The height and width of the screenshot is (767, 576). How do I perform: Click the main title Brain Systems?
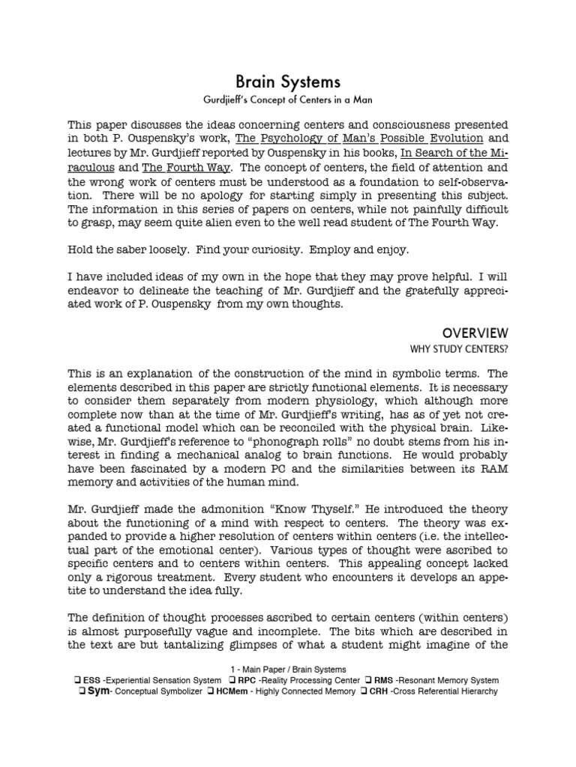coord(288,82)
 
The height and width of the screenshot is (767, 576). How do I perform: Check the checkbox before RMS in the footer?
coord(369,680)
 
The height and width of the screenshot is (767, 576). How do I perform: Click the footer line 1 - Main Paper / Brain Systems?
coord(288,669)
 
